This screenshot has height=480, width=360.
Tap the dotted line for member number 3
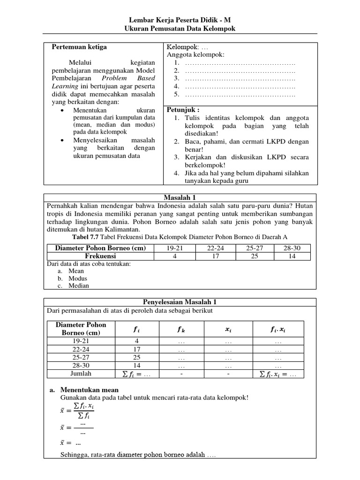(240, 78)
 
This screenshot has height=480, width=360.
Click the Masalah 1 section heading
(180, 198)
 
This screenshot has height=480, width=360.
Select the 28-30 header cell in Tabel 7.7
(292, 248)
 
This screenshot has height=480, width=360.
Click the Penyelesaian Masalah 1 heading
(180, 302)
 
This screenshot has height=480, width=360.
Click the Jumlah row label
(81, 374)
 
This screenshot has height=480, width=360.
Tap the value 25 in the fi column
(136, 357)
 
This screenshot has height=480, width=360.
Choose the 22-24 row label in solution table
(81, 349)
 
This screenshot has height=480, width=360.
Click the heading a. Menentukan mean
(84, 390)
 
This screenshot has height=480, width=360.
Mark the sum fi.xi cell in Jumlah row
(278, 374)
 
